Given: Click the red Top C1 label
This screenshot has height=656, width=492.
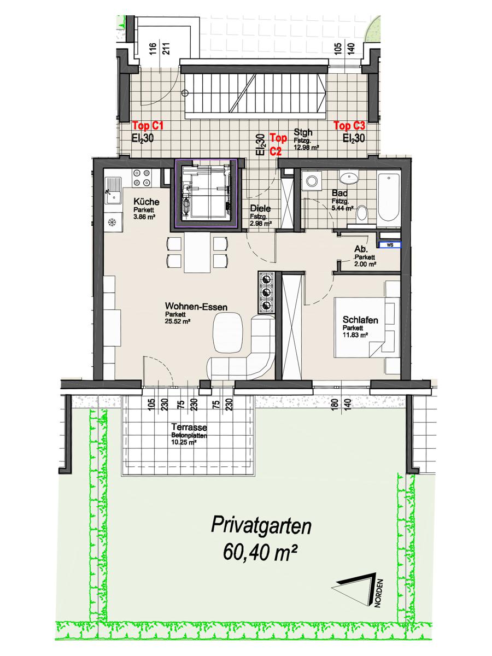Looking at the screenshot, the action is [x=148, y=126].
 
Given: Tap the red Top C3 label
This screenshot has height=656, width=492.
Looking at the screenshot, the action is [x=349, y=126].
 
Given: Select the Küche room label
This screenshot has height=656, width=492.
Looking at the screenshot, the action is [x=147, y=202].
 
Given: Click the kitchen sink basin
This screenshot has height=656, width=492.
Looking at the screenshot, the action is [x=114, y=197].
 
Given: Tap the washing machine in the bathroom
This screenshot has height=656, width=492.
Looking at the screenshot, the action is [x=312, y=181].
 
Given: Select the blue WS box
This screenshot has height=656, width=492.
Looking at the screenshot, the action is [x=390, y=245].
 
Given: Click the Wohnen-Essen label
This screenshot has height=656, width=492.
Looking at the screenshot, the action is [x=196, y=307].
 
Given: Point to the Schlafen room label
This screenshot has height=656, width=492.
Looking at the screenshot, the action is [x=360, y=320].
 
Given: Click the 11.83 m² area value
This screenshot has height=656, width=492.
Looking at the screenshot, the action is [x=355, y=335].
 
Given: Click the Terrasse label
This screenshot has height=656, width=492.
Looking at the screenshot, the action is [x=189, y=427].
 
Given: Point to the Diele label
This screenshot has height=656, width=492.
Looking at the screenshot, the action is [x=261, y=208].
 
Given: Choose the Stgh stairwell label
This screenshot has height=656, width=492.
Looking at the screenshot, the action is [x=303, y=132].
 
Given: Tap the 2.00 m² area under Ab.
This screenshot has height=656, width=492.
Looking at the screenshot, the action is [x=365, y=264].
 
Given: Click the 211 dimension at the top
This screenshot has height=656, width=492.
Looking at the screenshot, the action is [x=167, y=49].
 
